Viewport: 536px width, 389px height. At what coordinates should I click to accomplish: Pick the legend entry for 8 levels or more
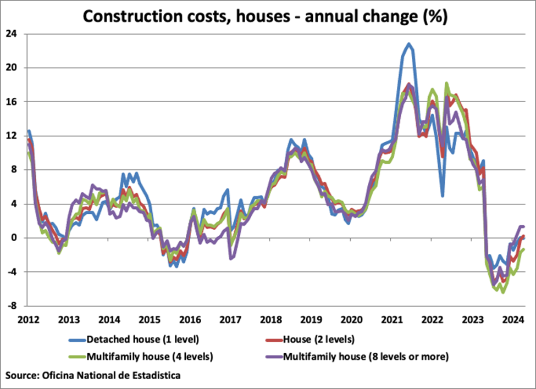point(366,357)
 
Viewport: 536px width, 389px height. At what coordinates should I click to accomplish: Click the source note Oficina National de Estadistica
point(93,376)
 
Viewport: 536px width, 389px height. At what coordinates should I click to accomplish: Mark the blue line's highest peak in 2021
point(408,44)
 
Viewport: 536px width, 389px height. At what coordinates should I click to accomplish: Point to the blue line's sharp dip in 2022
point(443,195)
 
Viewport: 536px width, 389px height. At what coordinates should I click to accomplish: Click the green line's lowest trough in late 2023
point(502,292)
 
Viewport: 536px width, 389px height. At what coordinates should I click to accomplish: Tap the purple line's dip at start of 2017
point(231,258)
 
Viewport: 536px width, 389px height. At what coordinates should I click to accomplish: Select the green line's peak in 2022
point(446,84)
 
